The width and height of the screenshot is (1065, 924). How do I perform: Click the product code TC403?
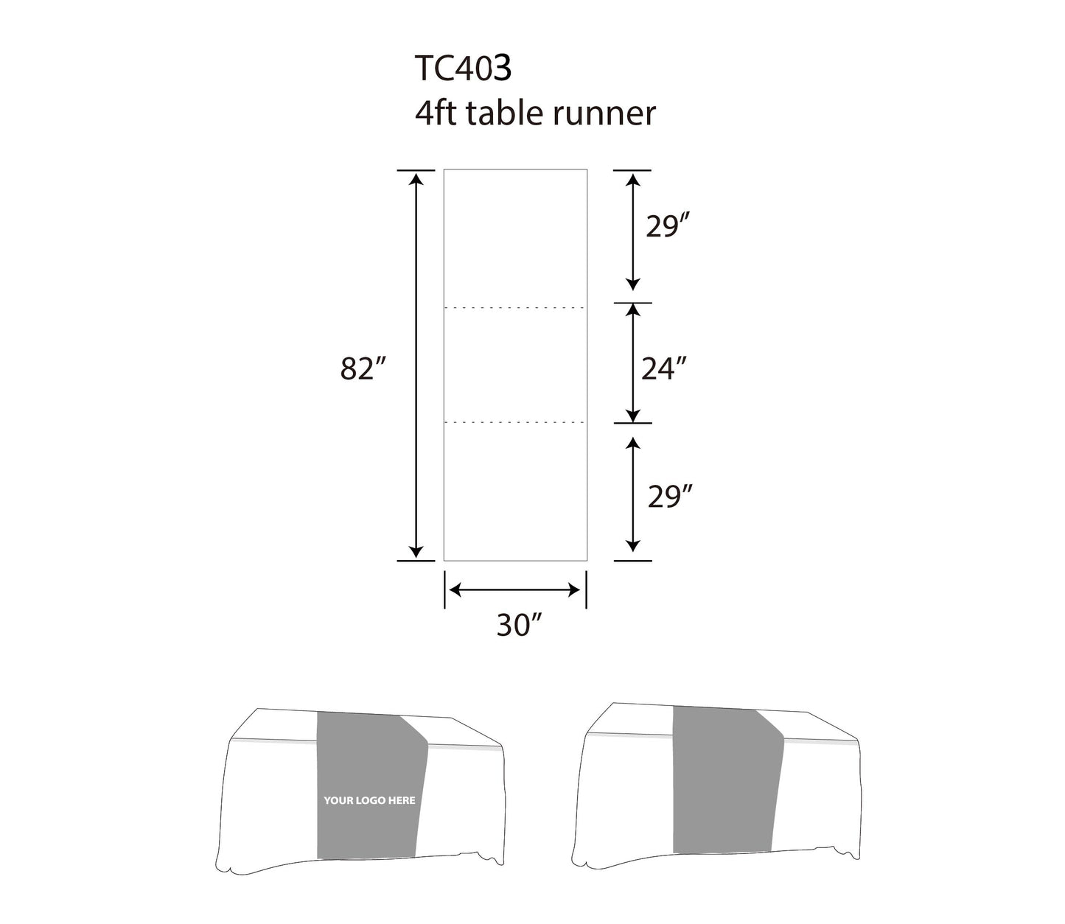coord(463,69)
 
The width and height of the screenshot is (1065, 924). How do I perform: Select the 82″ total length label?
coord(363,368)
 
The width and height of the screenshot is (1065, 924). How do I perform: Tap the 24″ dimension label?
coord(663,368)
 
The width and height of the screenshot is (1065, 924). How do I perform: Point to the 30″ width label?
coord(519,626)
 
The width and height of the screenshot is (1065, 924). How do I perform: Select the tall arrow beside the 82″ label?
coord(416,365)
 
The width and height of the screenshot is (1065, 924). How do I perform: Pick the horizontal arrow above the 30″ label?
coord(514,589)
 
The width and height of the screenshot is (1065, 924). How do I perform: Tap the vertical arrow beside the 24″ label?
coord(632,363)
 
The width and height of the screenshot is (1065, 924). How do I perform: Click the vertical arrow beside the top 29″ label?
coord(632,230)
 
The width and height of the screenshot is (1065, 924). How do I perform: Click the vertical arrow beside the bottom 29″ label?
coord(632,494)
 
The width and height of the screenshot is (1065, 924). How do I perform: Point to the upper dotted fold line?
coord(514,307)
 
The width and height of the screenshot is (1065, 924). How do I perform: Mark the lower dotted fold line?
coord(514,423)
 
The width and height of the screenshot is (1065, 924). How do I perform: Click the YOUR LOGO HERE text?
coord(369,800)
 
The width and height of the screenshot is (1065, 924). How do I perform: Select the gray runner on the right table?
coord(726,781)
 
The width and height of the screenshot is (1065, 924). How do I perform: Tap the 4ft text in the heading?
coord(436,113)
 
